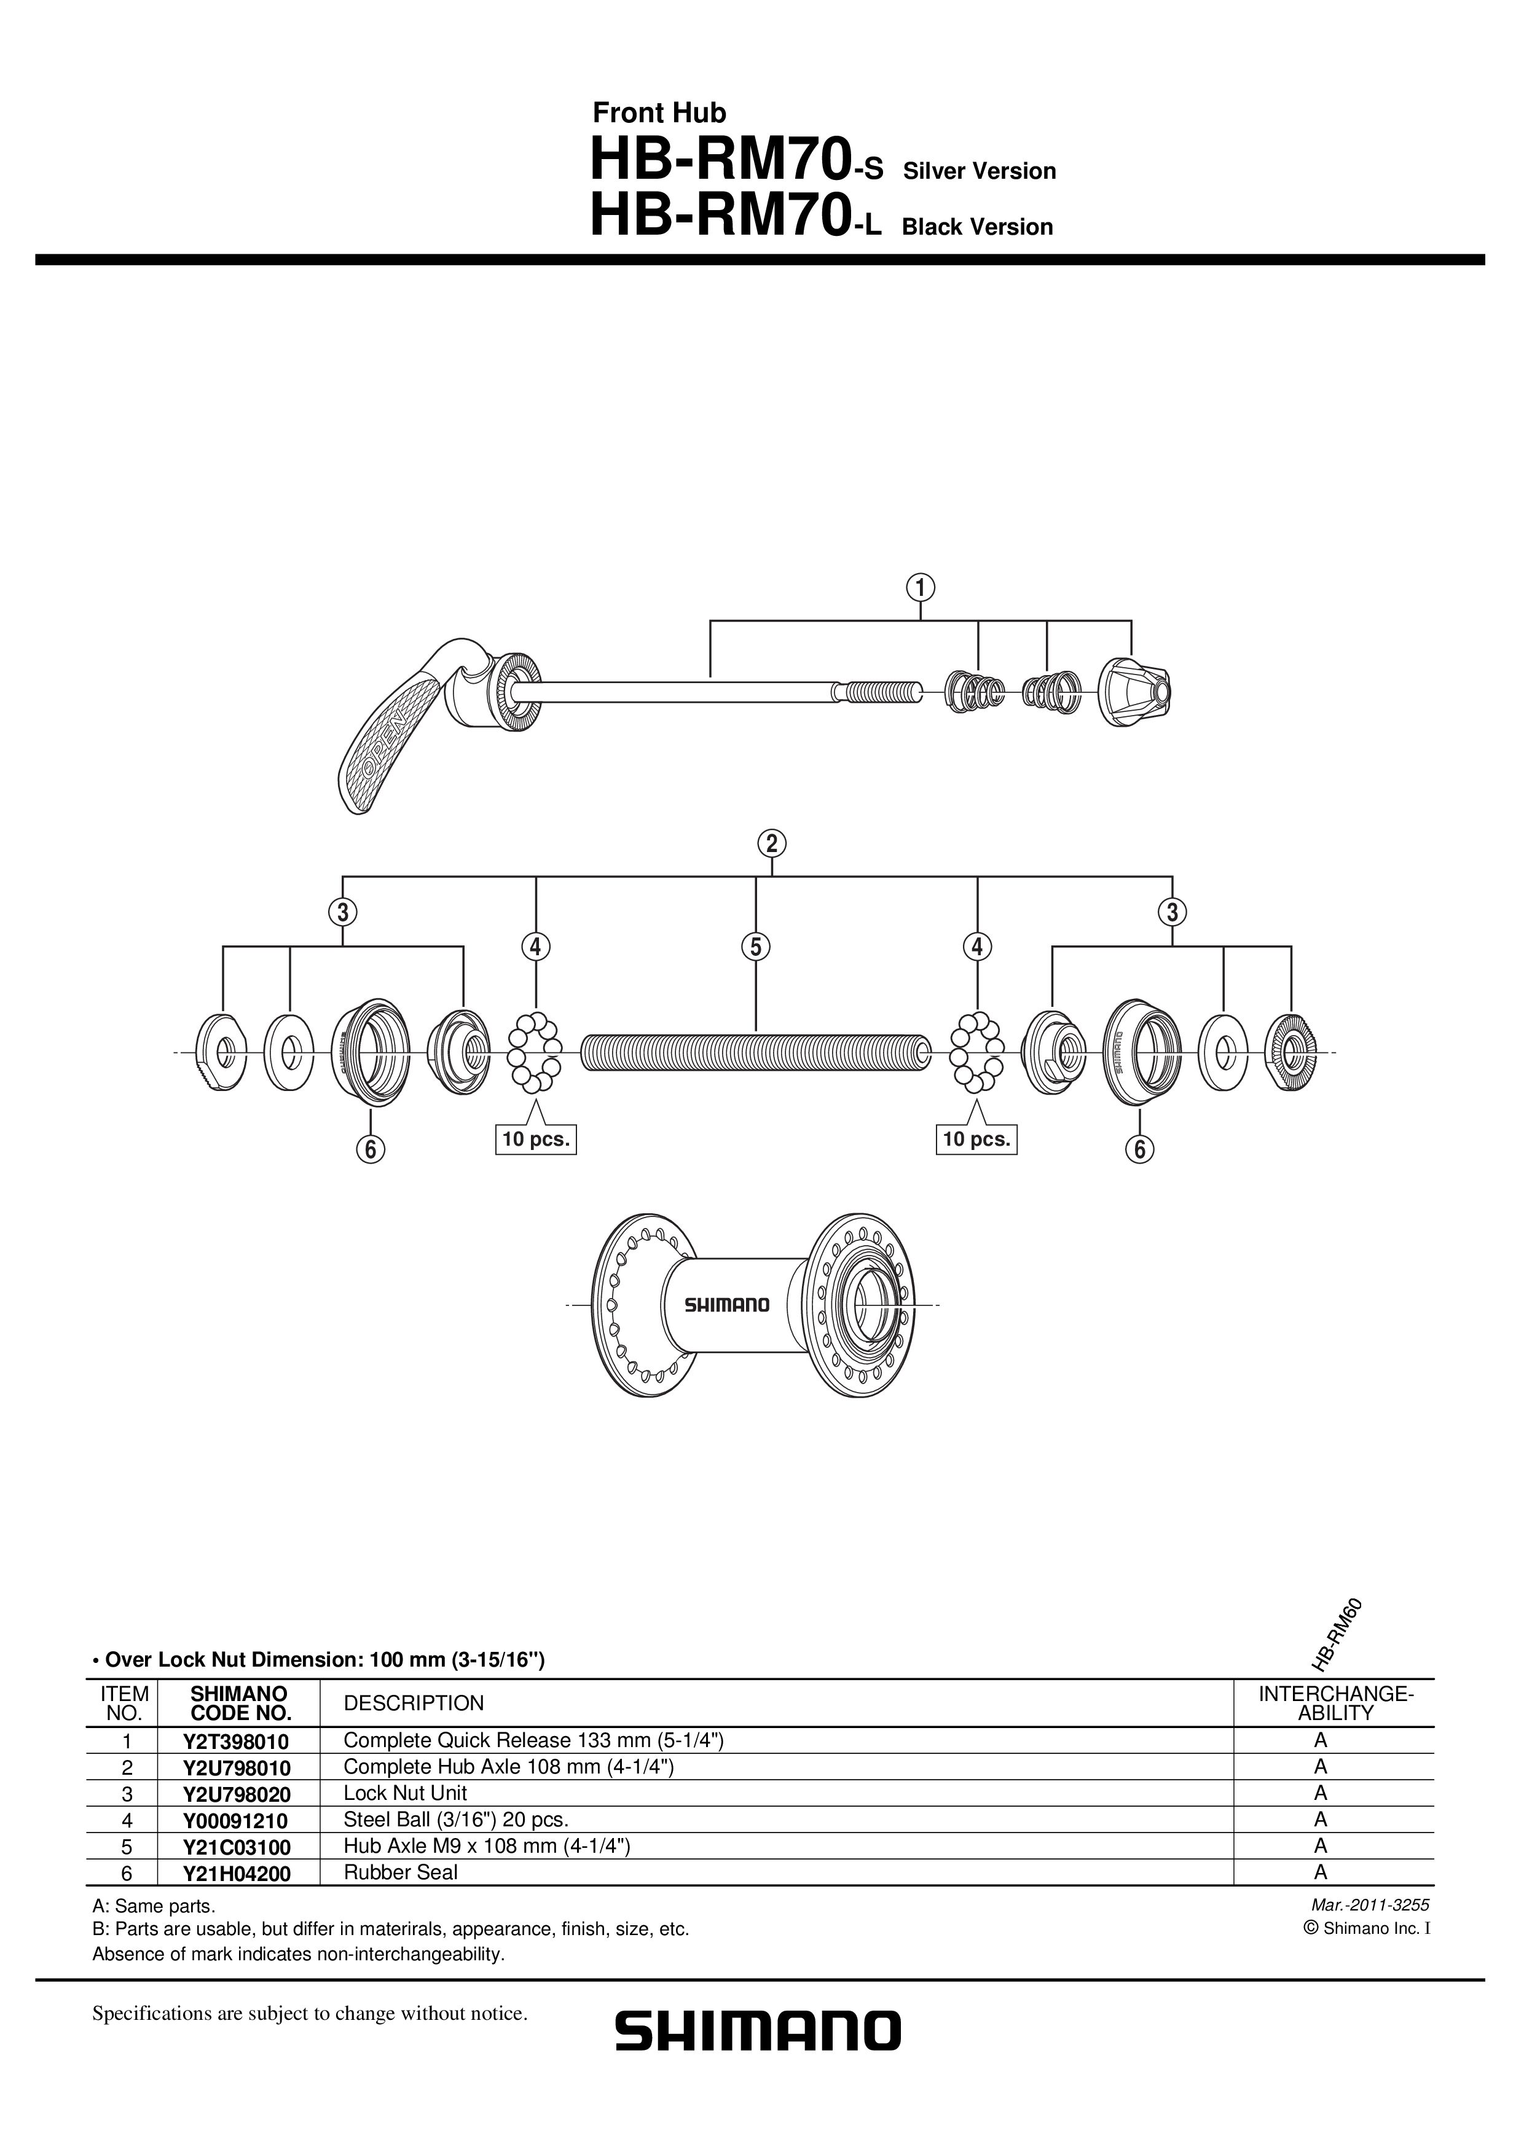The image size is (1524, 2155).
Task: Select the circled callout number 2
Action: pyautogui.click(x=772, y=844)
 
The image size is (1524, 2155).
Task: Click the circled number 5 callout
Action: pyautogui.click(x=756, y=947)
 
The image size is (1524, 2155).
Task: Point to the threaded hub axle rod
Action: pyautogui.click(x=756, y=1052)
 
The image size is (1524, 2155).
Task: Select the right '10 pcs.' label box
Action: pyautogui.click(x=976, y=1140)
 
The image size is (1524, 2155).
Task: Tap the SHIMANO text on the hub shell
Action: pyautogui.click(x=727, y=1305)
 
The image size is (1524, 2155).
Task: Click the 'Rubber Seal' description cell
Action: pyautogui.click(x=401, y=1872)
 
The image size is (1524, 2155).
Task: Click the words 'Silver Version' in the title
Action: pyautogui.click(x=980, y=172)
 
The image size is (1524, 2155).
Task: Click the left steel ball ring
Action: pyautogui.click(x=534, y=1052)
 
